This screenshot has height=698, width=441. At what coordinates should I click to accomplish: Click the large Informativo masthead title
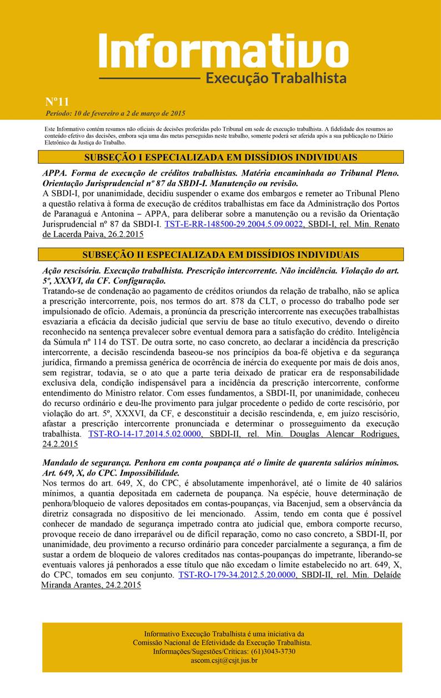(x=224, y=51)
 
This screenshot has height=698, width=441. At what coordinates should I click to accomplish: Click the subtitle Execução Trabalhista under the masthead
(x=276, y=78)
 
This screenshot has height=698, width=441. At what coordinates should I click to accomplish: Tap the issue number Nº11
(x=57, y=102)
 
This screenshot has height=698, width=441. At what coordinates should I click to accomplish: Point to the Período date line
(x=115, y=113)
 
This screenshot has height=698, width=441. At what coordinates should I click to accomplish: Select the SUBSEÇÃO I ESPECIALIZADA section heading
(x=220, y=158)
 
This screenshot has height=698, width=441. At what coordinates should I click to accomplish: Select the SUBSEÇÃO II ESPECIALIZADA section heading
(x=220, y=255)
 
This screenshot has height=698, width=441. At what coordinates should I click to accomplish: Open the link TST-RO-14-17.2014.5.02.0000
(x=144, y=434)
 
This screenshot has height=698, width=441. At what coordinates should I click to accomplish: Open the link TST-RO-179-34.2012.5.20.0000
(x=237, y=575)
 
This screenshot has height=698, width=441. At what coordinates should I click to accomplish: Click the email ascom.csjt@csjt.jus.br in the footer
(x=224, y=660)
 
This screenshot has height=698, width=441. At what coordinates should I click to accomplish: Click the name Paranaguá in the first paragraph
(x=67, y=215)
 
